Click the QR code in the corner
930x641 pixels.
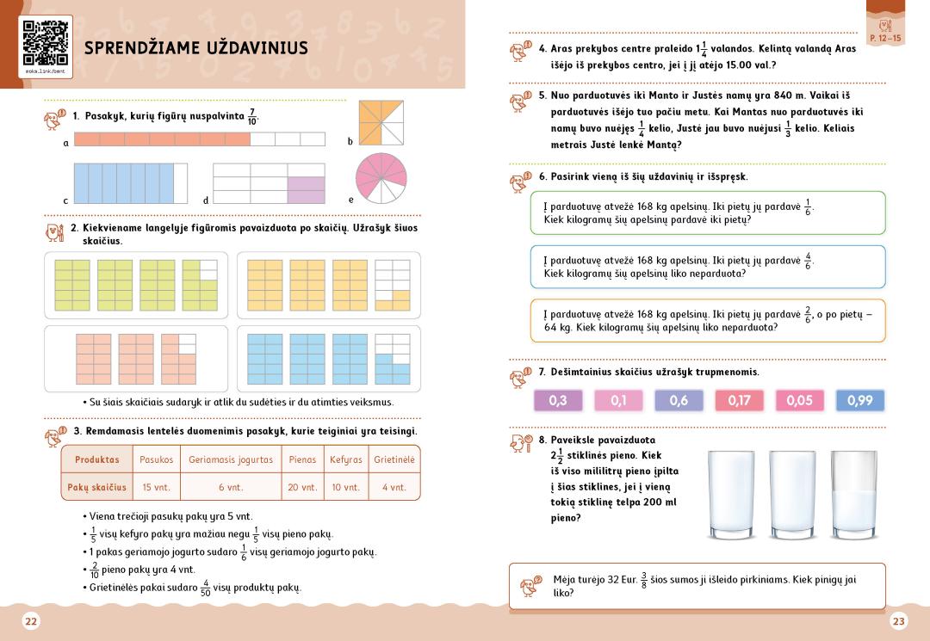[45, 43]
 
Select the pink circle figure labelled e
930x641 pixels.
[381, 178]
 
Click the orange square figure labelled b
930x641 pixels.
[381, 123]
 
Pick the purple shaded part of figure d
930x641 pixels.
[306, 190]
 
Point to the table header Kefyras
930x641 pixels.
[345, 459]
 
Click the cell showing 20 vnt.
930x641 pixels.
[302, 487]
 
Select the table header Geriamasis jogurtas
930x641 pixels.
[231, 459]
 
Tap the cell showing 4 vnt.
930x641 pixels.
[394, 487]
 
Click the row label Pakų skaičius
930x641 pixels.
[96, 487]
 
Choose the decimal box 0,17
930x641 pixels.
[739, 400]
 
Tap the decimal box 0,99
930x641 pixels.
[859, 400]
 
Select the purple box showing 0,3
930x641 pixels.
[558, 400]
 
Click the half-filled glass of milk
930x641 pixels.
[853, 496]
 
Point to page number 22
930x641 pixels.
[31, 621]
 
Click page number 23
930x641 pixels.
[899, 621]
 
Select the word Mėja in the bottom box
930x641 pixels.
[565, 580]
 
